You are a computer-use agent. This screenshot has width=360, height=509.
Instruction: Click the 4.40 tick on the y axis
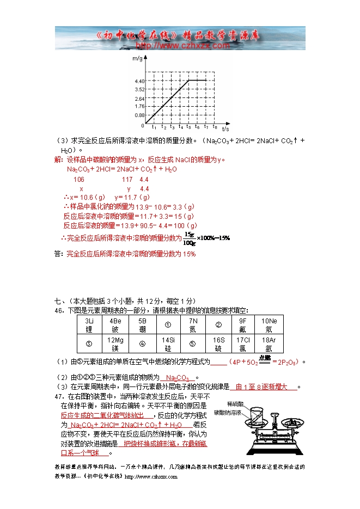(x=138, y=81)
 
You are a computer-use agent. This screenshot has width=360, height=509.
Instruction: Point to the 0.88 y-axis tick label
(x=138, y=115)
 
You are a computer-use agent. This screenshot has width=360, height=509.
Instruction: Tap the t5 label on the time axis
(x=188, y=127)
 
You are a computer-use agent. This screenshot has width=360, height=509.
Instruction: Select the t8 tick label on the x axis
(x=215, y=127)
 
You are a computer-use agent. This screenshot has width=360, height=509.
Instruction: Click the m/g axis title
(x=137, y=58)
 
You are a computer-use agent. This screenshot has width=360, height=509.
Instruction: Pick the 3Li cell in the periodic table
(x=89, y=325)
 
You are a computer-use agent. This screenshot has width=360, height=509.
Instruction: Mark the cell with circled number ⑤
(x=193, y=344)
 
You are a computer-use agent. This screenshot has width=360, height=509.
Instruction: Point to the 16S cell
(x=218, y=344)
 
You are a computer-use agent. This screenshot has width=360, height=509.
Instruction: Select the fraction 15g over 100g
(x=189, y=238)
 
